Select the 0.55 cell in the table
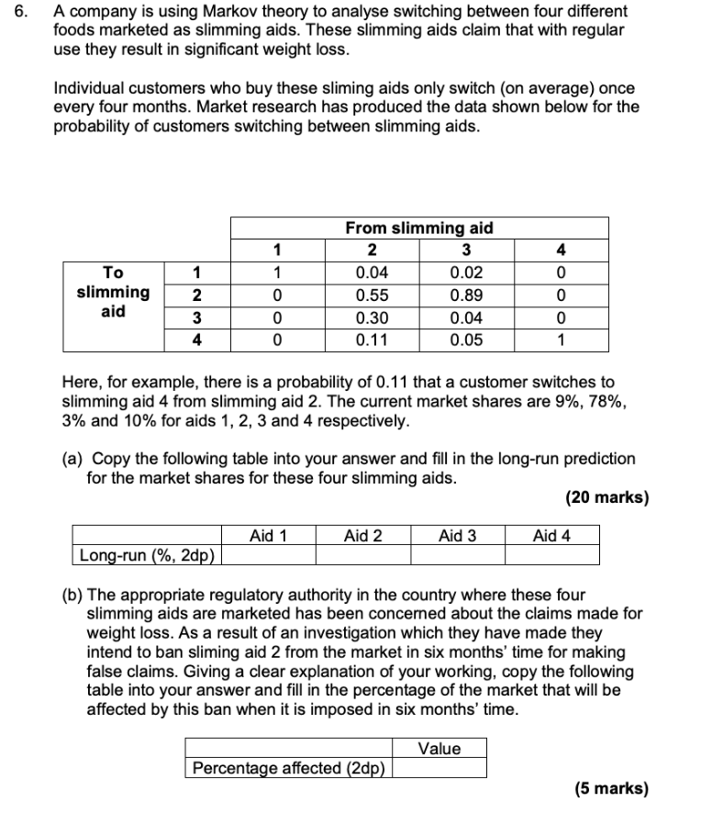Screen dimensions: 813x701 (x=372, y=295)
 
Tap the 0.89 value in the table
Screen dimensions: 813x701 (x=467, y=295)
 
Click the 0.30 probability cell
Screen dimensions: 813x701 (x=372, y=318)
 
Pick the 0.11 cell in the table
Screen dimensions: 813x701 (x=372, y=340)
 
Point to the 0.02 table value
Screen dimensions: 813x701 (x=467, y=273)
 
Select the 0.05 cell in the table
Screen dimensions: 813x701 (x=467, y=340)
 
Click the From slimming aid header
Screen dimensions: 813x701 (x=418, y=228)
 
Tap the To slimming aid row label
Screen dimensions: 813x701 (x=113, y=292)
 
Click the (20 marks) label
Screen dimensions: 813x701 (x=606, y=498)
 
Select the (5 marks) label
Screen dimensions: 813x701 (x=610, y=788)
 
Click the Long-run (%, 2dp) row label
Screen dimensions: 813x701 (x=147, y=554)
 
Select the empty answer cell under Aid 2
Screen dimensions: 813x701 (x=362, y=554)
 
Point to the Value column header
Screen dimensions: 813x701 (x=440, y=748)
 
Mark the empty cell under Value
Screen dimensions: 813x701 (x=440, y=768)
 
